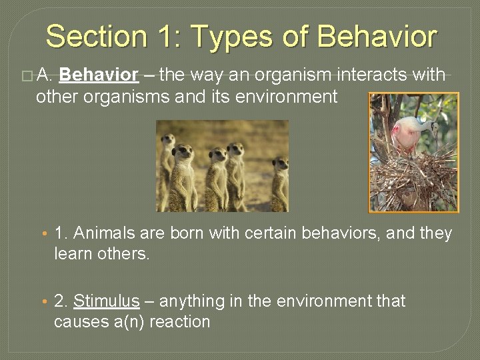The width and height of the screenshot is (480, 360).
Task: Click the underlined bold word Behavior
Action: [x=99, y=75]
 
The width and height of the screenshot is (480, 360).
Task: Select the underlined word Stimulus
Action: [x=106, y=301]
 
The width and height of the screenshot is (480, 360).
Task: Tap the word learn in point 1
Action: [x=73, y=254]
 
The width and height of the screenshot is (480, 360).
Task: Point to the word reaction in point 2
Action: [x=180, y=322]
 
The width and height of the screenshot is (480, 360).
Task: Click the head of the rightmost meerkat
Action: [x=281, y=163]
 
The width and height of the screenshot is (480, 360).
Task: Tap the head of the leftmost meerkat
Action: [x=168, y=139]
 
